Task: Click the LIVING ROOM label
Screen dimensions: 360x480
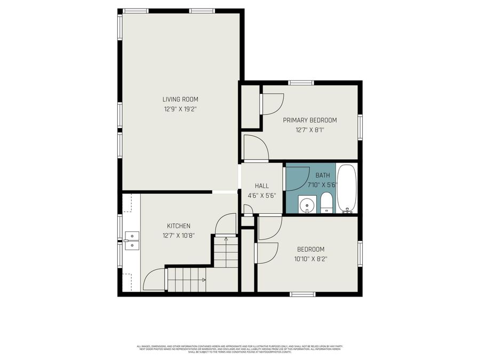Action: click(x=180, y=99)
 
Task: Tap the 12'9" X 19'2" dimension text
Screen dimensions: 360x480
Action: click(x=180, y=109)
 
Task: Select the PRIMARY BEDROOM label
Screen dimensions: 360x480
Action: click(x=309, y=120)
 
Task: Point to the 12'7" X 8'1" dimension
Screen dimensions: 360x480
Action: click(x=309, y=130)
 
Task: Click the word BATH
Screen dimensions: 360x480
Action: click(x=323, y=175)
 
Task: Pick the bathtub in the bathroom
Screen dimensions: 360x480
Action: click(x=347, y=189)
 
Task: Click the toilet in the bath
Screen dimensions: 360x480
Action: click(x=326, y=203)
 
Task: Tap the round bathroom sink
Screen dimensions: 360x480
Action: click(x=307, y=205)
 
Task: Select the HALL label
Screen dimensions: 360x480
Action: click(x=261, y=186)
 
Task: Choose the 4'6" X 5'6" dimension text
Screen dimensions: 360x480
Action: click(x=261, y=195)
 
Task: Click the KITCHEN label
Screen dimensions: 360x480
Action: click(x=178, y=226)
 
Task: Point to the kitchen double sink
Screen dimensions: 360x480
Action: click(x=132, y=241)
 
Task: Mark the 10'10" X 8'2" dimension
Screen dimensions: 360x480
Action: click(x=310, y=259)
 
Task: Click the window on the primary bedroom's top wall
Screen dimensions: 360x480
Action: click(x=301, y=82)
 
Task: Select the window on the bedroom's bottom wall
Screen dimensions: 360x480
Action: click(x=302, y=294)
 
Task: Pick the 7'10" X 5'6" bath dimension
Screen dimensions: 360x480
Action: click(x=323, y=185)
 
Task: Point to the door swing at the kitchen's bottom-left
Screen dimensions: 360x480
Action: click(x=155, y=280)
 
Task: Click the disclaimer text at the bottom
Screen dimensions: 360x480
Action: click(x=240, y=349)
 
